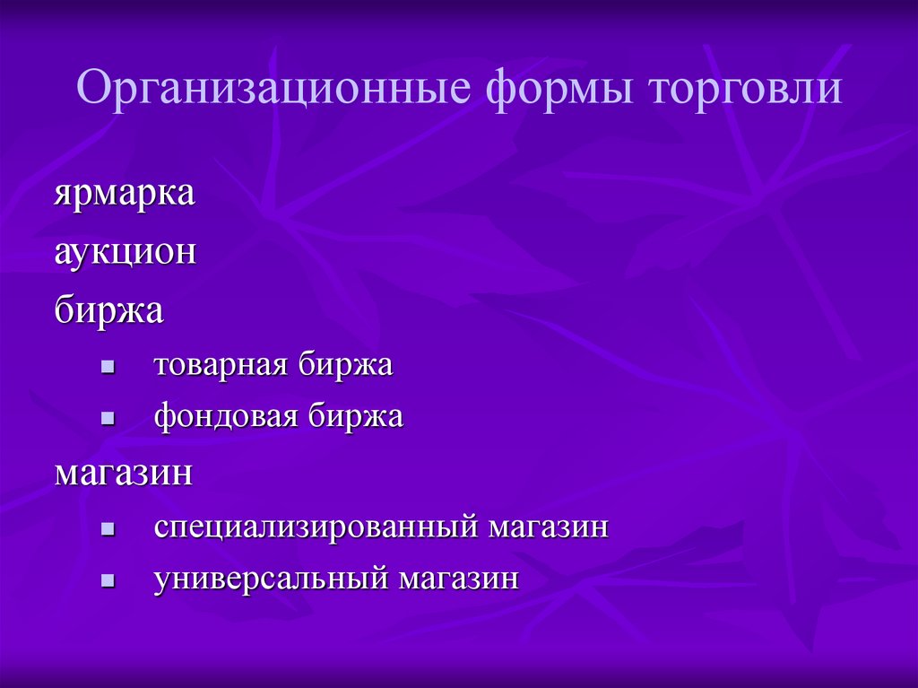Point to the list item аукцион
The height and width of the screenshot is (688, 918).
coord(125,252)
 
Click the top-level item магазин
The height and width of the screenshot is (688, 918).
coord(124,472)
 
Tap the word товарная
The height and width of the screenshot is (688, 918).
coord(219,365)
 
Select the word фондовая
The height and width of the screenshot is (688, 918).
coord(224,416)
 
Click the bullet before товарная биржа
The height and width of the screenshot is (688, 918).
coord(107,367)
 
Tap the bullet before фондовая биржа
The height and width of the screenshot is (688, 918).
coord(107,419)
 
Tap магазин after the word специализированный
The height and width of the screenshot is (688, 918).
coord(548,527)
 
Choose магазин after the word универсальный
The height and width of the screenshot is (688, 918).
coord(459,579)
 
